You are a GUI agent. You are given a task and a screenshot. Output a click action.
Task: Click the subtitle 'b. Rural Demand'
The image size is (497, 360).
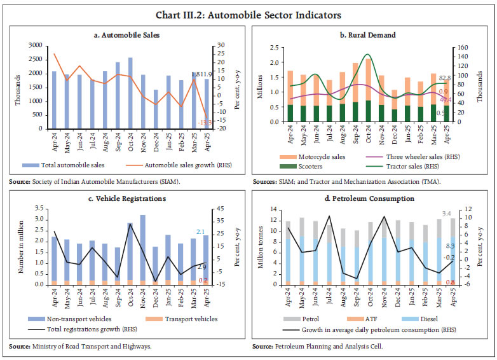tap(371, 35)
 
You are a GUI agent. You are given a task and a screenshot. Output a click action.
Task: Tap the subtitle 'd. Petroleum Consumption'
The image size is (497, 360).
tap(370, 198)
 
